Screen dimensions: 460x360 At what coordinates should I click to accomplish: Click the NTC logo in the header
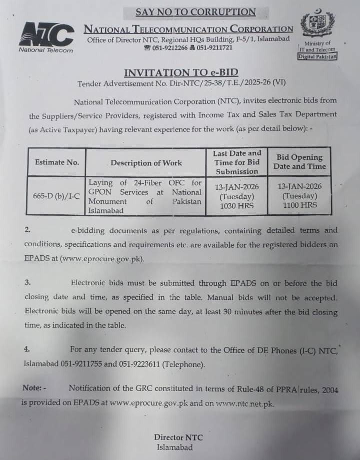click(x=46, y=36)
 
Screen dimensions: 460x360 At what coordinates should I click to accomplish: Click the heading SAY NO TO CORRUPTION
click(x=195, y=12)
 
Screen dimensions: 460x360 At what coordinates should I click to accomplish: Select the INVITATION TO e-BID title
click(x=181, y=72)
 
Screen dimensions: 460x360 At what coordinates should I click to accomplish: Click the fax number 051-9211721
click(x=214, y=48)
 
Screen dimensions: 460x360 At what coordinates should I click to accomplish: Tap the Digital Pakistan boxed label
click(x=317, y=57)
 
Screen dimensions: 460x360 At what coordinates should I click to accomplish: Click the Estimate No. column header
click(x=57, y=162)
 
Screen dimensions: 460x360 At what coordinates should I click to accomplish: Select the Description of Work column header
click(x=146, y=163)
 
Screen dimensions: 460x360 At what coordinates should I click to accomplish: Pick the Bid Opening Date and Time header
click(x=299, y=162)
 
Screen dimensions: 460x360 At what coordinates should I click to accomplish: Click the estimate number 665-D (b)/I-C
click(x=57, y=196)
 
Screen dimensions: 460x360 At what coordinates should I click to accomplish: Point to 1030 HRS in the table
click(x=237, y=206)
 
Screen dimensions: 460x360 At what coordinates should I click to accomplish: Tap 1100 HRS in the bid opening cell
click(x=299, y=205)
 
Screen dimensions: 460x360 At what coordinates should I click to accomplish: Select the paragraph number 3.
click(x=27, y=283)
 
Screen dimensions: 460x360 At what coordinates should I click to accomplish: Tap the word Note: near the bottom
click(x=34, y=388)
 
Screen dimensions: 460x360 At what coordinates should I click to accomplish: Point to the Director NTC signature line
click(x=178, y=438)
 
